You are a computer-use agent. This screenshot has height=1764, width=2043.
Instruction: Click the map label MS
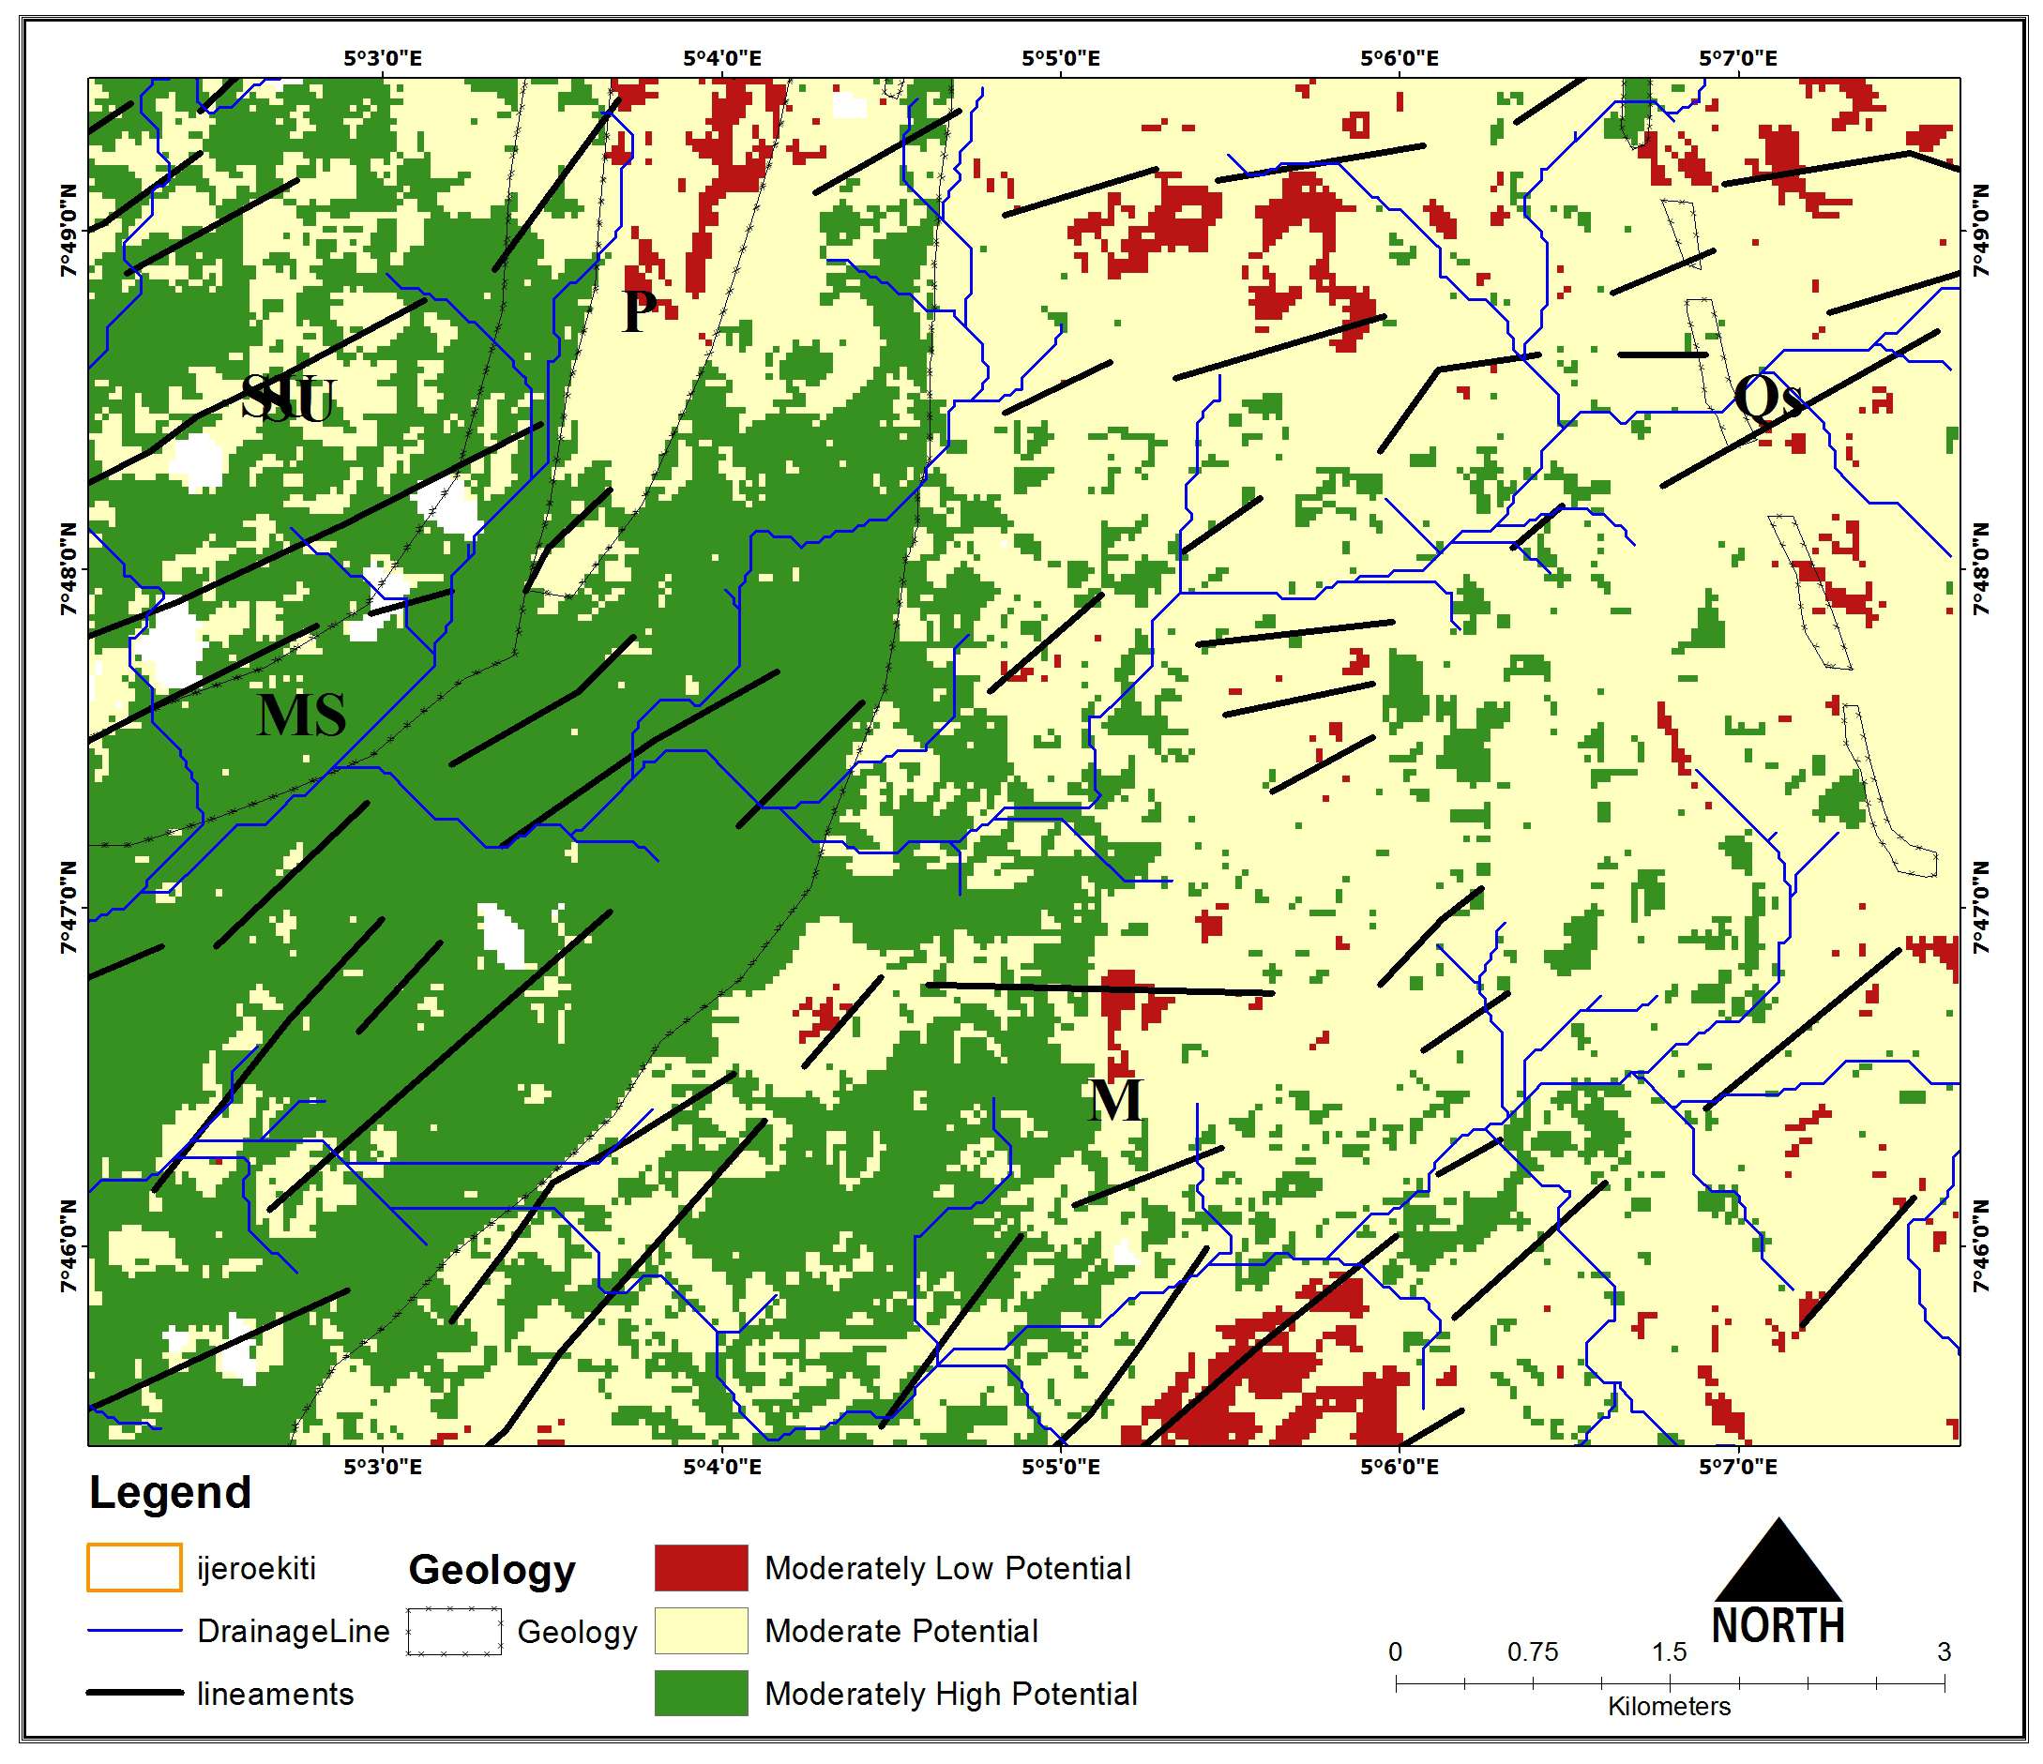(302, 716)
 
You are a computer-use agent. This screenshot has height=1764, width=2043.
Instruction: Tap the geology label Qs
(1768, 400)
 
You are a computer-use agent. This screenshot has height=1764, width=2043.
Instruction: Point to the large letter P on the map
(639, 311)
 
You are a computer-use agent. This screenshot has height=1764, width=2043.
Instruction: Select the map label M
(1115, 1100)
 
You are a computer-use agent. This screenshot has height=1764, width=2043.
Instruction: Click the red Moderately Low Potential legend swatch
(700, 1568)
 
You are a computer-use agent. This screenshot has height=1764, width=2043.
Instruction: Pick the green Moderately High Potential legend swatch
(700, 1693)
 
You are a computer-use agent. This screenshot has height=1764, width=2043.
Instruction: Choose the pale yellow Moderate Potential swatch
(700, 1630)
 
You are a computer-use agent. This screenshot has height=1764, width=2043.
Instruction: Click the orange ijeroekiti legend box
(133, 1568)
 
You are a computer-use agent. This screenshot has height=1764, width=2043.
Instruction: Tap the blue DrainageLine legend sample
(135, 1631)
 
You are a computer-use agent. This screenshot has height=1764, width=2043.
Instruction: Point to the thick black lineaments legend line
(135, 1693)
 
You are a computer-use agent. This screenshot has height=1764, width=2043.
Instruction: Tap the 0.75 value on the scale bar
(1533, 1651)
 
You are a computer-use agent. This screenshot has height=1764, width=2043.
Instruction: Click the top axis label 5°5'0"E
(1061, 58)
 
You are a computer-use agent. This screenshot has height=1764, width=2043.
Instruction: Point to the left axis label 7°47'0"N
(68, 908)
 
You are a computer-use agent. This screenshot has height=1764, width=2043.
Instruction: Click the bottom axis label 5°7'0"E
(1737, 1468)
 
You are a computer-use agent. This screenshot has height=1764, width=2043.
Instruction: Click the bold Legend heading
(170, 1493)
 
